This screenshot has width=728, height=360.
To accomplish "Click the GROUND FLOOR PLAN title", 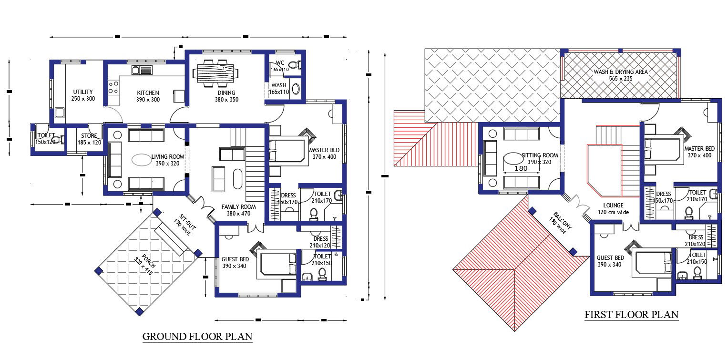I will coord(197,337).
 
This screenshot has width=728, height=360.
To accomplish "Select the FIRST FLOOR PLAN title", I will coord(631,315).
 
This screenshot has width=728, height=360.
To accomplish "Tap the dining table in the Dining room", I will coord(216,74).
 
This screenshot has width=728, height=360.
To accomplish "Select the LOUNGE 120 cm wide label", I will coord(613,209).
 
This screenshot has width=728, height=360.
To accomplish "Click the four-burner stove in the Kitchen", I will coord(113,87).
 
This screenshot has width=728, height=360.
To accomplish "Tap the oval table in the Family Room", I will coord(237,179).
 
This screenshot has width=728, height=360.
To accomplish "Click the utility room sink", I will coord(60,113).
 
